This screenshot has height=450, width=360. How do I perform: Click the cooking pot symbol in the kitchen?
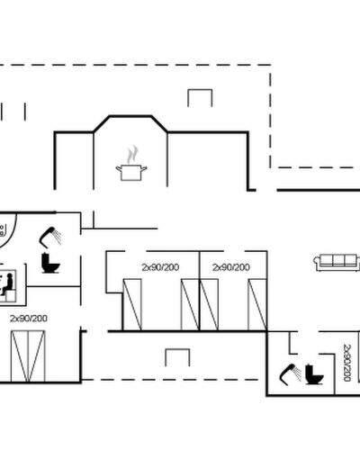[x=131, y=173]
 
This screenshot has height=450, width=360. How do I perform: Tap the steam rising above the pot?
[x=132, y=154]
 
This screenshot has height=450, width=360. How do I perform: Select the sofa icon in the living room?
[x=337, y=263]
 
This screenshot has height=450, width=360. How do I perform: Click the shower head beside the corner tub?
[x=50, y=237]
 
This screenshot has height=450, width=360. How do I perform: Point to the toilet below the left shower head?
[x=50, y=263]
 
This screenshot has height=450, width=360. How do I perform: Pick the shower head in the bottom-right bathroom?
[x=290, y=374]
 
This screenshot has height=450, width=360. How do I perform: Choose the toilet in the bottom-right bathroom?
[x=314, y=374]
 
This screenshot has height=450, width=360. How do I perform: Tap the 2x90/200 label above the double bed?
[x=29, y=319]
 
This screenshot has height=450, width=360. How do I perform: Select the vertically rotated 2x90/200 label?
[x=346, y=363]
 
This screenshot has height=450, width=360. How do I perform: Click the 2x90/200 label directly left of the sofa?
[x=231, y=267]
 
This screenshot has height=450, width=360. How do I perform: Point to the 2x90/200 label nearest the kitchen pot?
[x=160, y=267]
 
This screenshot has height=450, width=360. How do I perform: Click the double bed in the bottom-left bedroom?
[x=28, y=356]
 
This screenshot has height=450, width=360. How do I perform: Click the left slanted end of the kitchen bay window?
[x=102, y=123]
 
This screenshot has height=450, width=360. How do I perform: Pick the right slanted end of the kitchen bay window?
[x=159, y=123]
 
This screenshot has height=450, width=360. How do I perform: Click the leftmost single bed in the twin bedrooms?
[x=132, y=304]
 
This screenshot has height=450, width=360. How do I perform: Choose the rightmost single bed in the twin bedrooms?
[x=257, y=304]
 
